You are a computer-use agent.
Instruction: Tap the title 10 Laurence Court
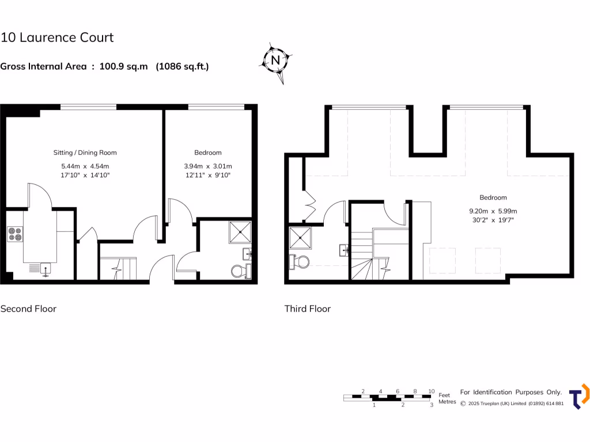(x=57, y=38)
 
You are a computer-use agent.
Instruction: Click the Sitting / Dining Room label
(x=85, y=153)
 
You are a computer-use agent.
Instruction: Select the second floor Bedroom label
(x=207, y=153)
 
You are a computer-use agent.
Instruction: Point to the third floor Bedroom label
(x=493, y=197)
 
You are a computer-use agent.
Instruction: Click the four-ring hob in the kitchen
(x=14, y=234)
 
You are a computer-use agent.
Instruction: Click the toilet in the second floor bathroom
(x=239, y=270)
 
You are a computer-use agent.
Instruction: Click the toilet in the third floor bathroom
(x=300, y=262)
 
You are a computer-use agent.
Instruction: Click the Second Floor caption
(x=28, y=308)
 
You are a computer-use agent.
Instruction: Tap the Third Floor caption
(x=308, y=308)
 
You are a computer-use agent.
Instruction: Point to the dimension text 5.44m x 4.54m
(x=85, y=166)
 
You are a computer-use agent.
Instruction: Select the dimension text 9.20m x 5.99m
(x=493, y=211)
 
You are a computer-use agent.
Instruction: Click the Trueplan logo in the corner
(x=578, y=397)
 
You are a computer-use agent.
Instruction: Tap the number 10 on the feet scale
(x=431, y=391)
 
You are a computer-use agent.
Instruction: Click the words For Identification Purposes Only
(x=510, y=392)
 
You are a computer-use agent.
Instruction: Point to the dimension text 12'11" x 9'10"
(x=207, y=175)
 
